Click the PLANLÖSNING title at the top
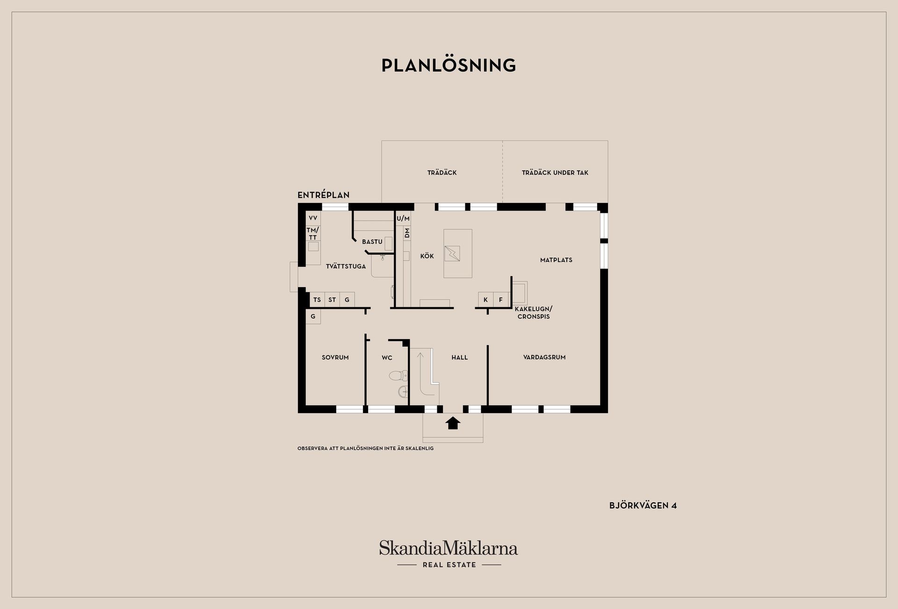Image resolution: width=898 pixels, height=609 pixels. [449, 65]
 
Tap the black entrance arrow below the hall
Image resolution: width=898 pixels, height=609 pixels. [453, 423]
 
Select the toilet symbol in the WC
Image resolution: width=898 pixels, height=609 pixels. [398, 375]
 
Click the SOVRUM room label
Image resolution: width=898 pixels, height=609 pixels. [335, 357]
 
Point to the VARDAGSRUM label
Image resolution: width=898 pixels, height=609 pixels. [544, 357]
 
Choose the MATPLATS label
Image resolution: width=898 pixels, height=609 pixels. [556, 260]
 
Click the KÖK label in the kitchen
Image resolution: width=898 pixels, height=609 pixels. [427, 256]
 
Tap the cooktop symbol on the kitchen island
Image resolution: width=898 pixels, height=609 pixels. [452, 254]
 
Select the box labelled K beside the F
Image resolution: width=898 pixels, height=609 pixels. [485, 300]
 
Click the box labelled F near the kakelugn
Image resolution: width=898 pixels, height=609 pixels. [501, 300]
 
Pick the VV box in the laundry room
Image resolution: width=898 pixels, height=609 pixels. [313, 218]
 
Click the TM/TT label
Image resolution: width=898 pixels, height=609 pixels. [313, 233]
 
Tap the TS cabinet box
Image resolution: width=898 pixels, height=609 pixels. [317, 300]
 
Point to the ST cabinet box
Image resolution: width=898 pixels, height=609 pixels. [332, 300]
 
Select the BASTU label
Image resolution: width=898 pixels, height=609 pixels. [372, 242]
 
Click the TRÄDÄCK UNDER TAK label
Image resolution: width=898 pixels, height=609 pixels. [555, 173]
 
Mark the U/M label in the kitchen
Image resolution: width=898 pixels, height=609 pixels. [403, 218]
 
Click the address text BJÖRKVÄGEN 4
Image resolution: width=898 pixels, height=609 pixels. [643, 506]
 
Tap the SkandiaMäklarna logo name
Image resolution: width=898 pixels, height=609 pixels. [449, 548]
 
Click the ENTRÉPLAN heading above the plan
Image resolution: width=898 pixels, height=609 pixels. [324, 195]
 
